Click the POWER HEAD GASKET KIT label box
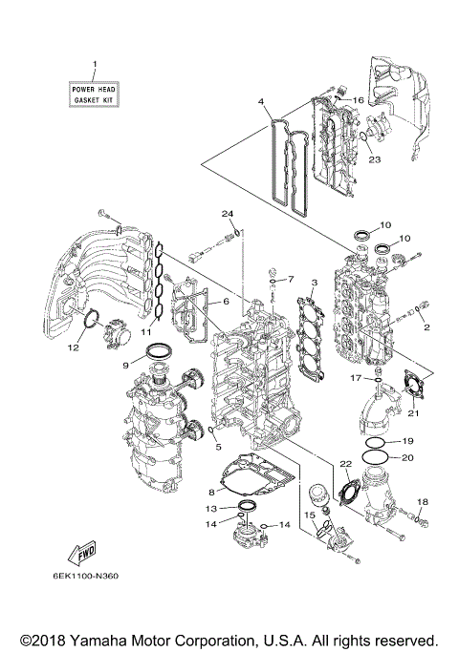95,94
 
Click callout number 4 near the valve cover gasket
260,101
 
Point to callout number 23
374,160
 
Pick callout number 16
360,99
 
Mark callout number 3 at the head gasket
313,284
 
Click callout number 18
424,502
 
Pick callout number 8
211,493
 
